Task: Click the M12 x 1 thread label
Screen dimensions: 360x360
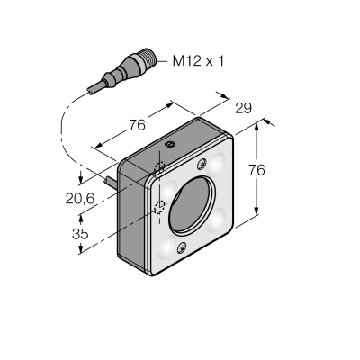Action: pos(198,61)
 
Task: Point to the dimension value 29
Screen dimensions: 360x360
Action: pos(243,108)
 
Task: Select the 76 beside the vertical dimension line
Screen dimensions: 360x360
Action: pos(256,170)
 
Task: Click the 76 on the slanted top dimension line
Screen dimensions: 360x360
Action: pos(137,125)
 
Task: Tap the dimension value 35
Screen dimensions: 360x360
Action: pos(80,234)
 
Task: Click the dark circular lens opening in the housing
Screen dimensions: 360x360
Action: pos(192,206)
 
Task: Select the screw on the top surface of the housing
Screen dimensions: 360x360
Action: pos(170,145)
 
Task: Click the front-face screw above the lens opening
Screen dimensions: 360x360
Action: pos(202,164)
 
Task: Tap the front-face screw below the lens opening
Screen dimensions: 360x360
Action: pos(182,248)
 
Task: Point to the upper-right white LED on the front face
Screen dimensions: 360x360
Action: pos(217,163)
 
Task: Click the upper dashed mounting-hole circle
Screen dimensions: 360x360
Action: pos(159,168)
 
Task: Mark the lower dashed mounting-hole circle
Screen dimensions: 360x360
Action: pos(159,207)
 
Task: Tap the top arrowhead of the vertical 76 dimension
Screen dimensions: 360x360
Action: pos(256,127)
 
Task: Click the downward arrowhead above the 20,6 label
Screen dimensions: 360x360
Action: pos(80,178)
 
